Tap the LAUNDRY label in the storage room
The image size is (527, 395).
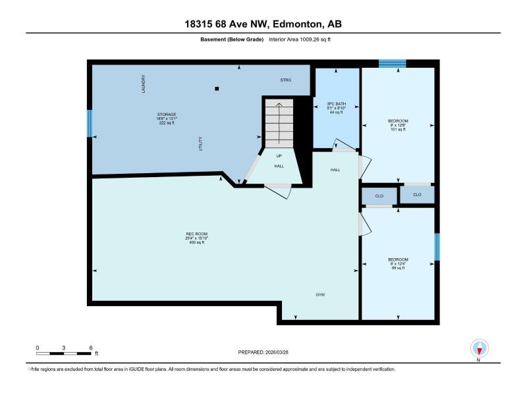tap(144, 84)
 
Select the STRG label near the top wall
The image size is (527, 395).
tap(286, 80)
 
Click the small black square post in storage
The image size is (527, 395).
tap(217, 89)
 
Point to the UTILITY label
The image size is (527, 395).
tap(201, 144)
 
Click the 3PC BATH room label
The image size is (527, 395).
tap(336, 104)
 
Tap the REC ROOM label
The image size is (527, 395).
tap(196, 234)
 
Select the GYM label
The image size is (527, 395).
tap(320, 294)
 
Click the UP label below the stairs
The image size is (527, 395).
tap(279, 156)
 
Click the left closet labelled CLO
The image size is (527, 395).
tap(379, 196)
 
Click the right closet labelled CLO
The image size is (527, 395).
tap(417, 194)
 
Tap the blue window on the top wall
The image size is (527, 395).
tap(392, 63)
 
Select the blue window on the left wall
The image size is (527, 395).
tap(90, 123)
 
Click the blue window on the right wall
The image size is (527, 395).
tap(437, 247)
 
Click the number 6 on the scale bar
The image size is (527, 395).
tap(91, 348)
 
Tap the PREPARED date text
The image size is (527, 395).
tap(263, 352)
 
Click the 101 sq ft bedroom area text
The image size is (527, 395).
tap(398, 129)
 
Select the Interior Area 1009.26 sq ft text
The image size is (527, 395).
tap(300, 39)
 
